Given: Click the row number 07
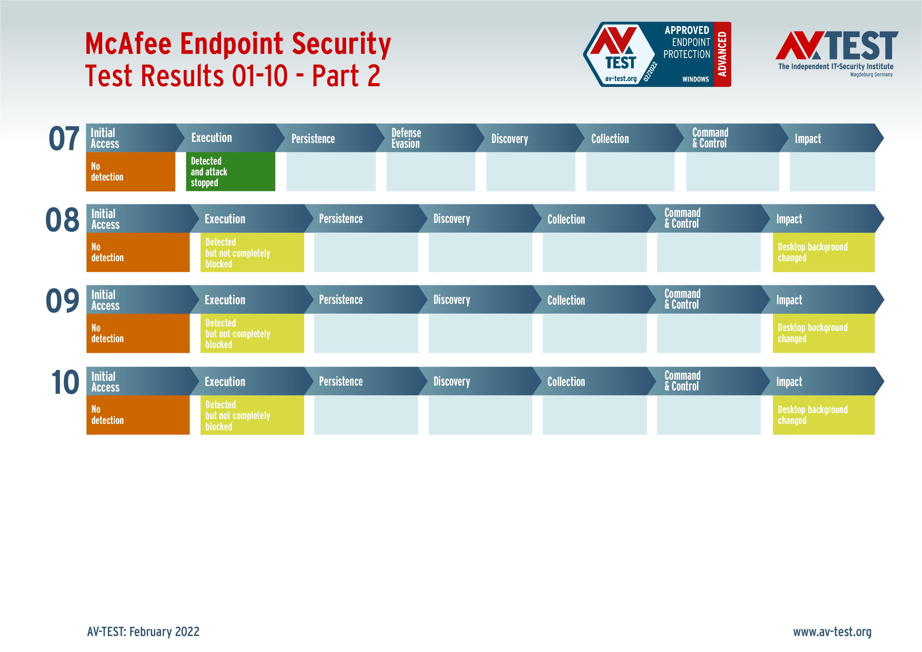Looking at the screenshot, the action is pos(64,139).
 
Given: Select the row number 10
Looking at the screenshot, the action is pos(65,382).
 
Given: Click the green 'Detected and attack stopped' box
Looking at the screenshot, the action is pos(230,172).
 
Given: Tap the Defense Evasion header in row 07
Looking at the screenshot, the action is pos(430,138).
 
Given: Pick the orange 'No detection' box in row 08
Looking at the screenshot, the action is pos(138,252).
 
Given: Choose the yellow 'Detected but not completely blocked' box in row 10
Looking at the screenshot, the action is pos(252,415).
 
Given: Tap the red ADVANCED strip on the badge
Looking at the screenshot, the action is pos(723,54).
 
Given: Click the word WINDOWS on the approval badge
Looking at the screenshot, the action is pos(695,79).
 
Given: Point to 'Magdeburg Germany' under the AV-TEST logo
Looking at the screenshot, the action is pos(871,75).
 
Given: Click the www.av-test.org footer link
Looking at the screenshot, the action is pos(832,632).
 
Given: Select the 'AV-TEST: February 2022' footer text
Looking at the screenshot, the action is pos(143,632).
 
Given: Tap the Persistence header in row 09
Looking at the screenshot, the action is pos(366,299).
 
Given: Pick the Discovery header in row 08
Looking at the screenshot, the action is pos(480,218).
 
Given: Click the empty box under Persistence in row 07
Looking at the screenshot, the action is pos(331,172).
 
